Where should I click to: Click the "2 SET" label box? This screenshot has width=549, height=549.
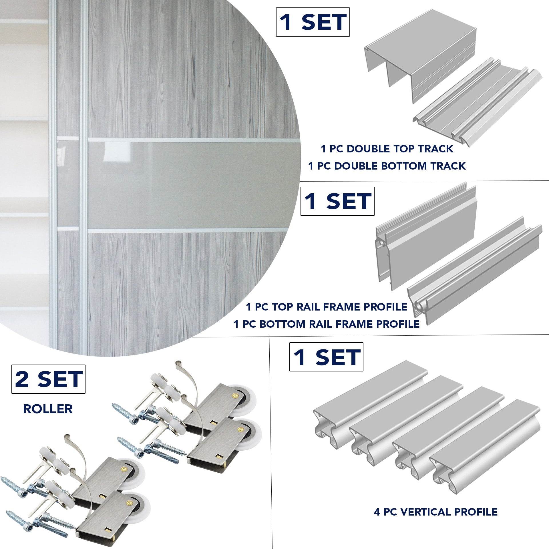coord(48,379)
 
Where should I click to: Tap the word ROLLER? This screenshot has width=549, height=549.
coord(48,409)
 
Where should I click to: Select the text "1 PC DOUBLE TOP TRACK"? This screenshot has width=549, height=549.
coord(387,149)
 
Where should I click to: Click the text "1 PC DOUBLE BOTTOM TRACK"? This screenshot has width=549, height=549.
coord(387,166)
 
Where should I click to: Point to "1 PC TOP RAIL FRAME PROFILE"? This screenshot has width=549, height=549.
coord(326,307)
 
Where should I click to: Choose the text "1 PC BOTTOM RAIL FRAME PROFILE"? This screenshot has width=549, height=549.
coord(326,324)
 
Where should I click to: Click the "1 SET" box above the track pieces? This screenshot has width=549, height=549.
coord(313,22)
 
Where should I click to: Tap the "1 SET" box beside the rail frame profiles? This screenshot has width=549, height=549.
coord(337,201)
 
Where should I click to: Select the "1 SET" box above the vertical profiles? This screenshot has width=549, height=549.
coord(326,357)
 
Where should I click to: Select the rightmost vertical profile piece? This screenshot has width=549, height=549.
coord(486,446)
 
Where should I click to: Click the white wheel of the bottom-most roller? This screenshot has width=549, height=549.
coord(144,506)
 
